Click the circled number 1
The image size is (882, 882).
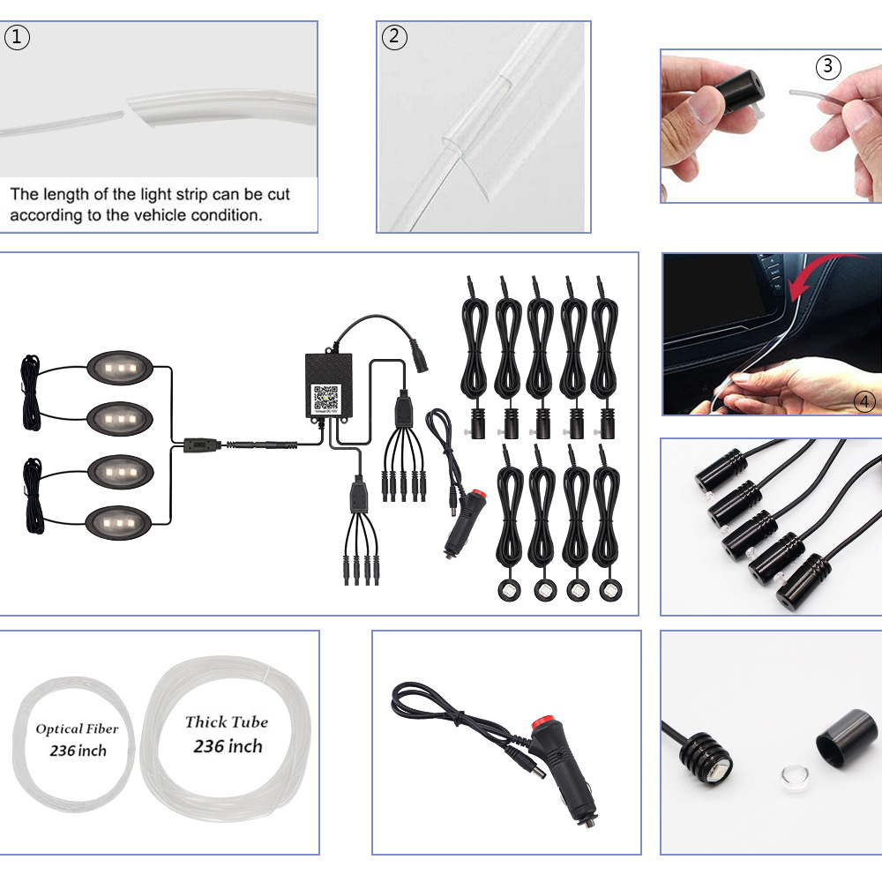pyautogui.click(x=17, y=38)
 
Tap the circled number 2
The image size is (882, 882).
pyautogui.click(x=394, y=37)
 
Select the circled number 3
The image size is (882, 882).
pyautogui.click(x=827, y=66)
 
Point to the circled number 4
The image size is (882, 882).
pyautogui.click(x=864, y=402)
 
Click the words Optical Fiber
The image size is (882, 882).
pyautogui.click(x=77, y=729)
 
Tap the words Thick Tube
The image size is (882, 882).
pyautogui.click(x=227, y=721)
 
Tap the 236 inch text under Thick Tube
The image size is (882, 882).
pyautogui.click(x=228, y=746)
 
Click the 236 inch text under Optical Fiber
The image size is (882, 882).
pyautogui.click(x=78, y=751)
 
